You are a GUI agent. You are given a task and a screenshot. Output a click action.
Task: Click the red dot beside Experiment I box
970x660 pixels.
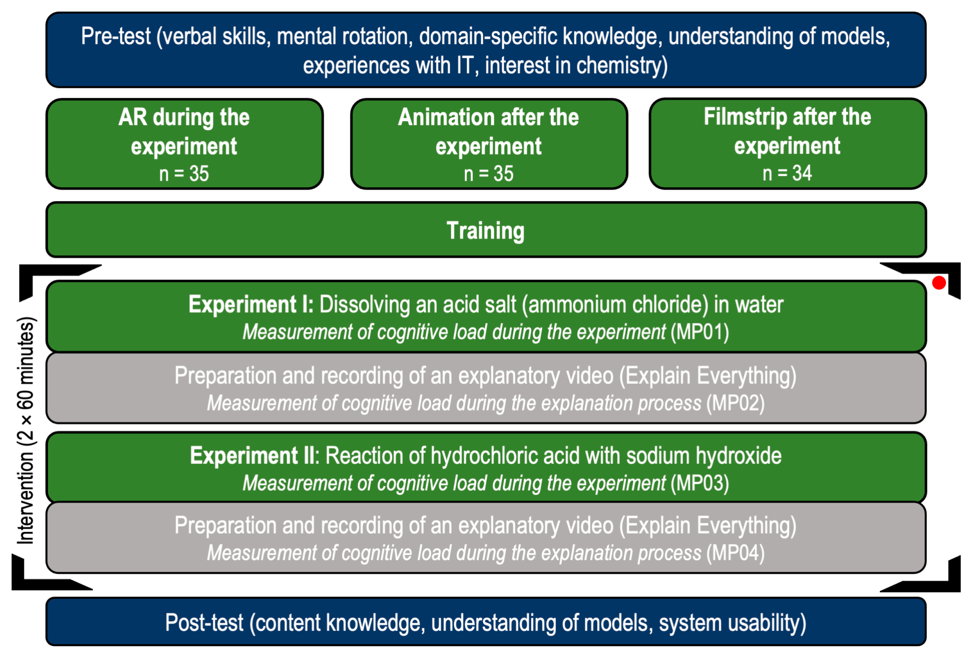point(939,283)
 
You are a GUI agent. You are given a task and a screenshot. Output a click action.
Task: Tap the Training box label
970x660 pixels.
point(485,231)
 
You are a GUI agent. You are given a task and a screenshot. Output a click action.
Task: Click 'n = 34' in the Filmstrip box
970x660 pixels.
point(787,173)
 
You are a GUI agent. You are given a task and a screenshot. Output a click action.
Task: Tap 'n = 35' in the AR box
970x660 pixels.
point(184,174)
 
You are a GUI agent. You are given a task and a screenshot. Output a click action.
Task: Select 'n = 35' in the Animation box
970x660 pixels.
point(489,174)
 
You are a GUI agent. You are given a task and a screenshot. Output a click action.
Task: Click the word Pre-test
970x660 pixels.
point(116,37)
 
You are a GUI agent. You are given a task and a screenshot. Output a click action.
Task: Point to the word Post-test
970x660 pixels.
point(204,623)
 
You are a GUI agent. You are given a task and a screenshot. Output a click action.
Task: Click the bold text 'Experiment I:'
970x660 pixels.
point(251,304)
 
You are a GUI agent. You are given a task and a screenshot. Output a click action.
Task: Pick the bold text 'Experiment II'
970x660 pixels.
point(252,456)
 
